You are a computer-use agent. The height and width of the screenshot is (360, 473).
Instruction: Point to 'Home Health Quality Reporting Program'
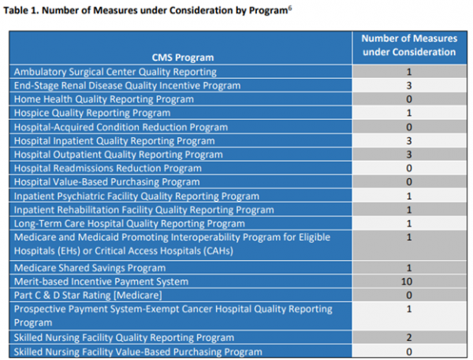coord(103,99)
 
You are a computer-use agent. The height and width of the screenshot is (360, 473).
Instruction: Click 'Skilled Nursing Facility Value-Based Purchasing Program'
coord(139,351)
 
